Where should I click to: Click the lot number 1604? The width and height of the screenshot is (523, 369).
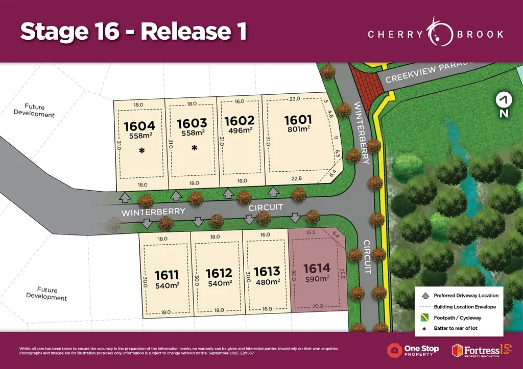click(139, 125)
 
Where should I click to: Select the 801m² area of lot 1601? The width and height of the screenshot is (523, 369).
click(298, 130)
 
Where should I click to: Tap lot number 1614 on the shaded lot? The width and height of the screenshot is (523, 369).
click(317, 268)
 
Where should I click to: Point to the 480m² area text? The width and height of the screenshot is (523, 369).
click(267, 282)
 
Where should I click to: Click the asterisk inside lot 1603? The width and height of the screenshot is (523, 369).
click(194, 148)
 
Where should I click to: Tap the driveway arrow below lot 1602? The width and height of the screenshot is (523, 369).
click(228, 193)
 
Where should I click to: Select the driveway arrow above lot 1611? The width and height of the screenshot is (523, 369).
click(147, 223)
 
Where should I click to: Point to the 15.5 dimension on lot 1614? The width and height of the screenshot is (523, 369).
click(311, 232)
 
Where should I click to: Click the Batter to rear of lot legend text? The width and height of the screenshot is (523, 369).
click(456, 328)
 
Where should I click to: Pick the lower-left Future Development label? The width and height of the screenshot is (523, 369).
click(46, 294)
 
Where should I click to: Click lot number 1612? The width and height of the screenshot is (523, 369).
click(219, 273)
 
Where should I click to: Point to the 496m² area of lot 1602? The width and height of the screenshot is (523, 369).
click(240, 130)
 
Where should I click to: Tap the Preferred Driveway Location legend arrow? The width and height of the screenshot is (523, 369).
click(424, 296)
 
